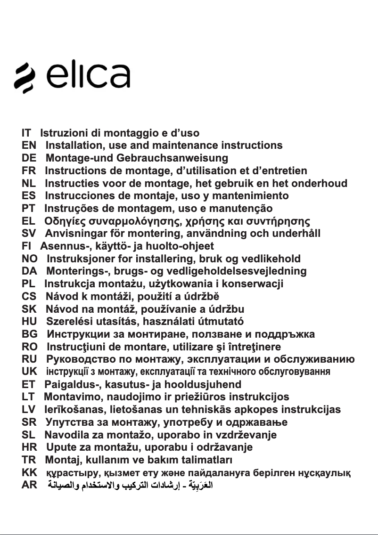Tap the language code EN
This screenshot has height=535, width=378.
click(29, 146)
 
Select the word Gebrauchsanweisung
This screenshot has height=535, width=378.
click(172, 158)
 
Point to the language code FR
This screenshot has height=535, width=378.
click(29, 170)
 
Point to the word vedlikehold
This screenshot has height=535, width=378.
click(271, 259)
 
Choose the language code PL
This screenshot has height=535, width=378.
click(28, 284)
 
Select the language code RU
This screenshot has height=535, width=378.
click(29, 359)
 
